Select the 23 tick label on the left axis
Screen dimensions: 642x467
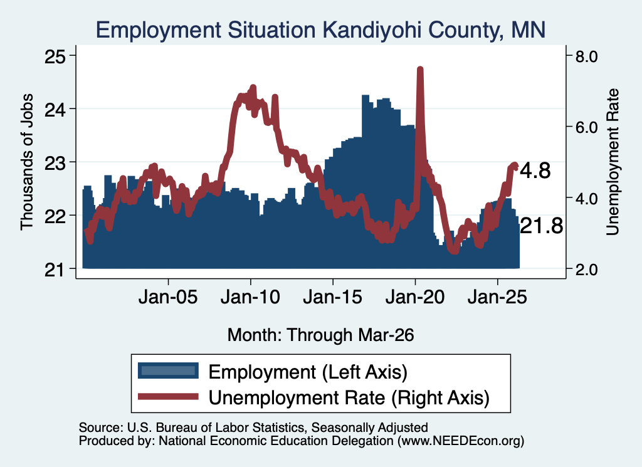click(55, 162)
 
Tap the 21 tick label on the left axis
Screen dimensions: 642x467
click(55, 270)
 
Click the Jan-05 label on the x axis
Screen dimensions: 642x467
click(168, 297)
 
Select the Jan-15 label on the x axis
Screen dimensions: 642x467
click(333, 297)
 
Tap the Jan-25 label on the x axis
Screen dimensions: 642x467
click(497, 297)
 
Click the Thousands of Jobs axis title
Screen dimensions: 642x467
click(26, 162)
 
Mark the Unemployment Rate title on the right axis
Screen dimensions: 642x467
click(612, 162)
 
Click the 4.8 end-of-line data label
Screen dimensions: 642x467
click(535, 171)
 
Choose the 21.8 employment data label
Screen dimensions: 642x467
click(541, 226)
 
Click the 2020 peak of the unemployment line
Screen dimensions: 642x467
click(419, 70)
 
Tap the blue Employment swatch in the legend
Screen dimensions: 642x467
click(168, 370)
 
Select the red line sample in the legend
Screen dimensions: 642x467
click(168, 396)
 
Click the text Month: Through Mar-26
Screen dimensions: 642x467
click(320, 335)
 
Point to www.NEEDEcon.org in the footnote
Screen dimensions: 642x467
click(461, 441)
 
